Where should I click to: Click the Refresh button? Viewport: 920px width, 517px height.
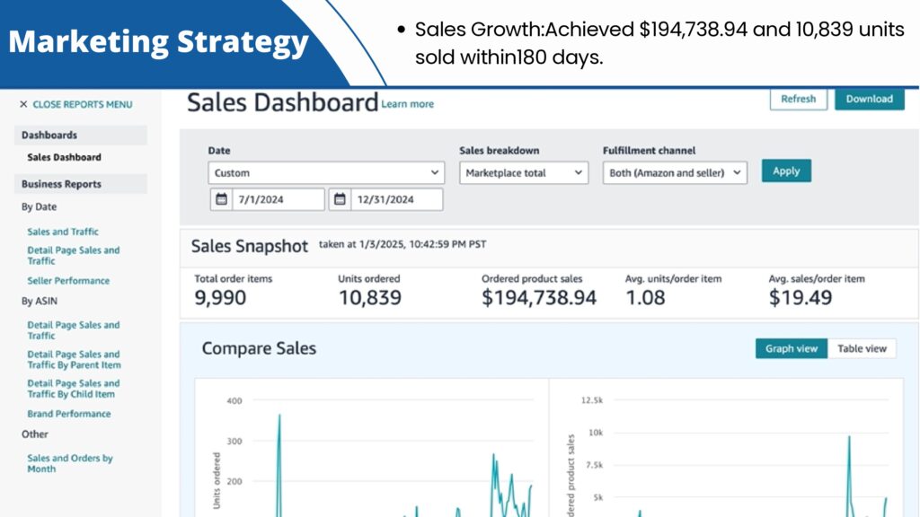click(798, 99)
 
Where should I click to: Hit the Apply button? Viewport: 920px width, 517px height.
click(786, 171)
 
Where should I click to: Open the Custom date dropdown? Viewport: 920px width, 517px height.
click(326, 173)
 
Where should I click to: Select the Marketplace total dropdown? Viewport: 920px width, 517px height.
click(524, 173)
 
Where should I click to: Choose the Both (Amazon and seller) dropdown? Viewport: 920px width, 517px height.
click(675, 173)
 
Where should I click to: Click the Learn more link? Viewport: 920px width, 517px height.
click(407, 104)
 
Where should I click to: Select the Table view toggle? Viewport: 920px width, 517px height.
click(862, 349)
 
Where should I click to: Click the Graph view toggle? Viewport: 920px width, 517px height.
click(791, 349)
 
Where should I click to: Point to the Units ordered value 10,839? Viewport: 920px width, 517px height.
click(369, 298)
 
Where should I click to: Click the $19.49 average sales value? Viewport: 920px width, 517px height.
click(801, 298)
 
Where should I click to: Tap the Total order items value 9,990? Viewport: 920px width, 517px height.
click(220, 298)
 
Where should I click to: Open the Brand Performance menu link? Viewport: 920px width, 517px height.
click(68, 414)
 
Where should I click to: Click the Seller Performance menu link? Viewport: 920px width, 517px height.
click(68, 281)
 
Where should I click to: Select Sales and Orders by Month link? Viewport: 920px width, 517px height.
click(70, 463)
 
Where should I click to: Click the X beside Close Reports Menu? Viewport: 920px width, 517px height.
click(23, 104)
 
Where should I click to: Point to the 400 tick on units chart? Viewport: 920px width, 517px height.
click(234, 401)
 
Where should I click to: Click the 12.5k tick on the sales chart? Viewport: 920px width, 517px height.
click(592, 400)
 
